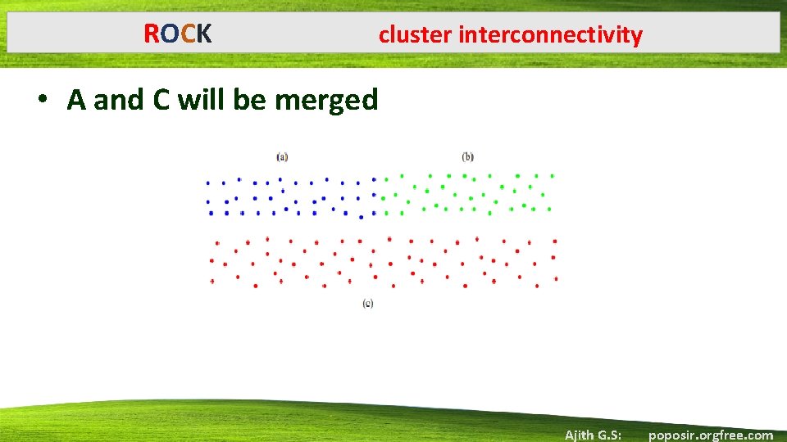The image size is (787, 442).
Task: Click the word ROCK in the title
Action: pos(178,34)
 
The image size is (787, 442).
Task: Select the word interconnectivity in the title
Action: pos(551,35)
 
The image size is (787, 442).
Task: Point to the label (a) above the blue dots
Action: pos(282,156)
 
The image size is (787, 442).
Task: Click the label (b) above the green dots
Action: pos(468,156)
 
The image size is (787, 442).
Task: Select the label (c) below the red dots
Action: pos(368,304)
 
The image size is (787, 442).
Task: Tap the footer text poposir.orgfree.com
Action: pos(710,435)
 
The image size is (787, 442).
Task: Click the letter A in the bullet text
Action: pos(77,100)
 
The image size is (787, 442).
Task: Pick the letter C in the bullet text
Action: pos(161,100)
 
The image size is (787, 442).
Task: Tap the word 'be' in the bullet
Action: pos(251,100)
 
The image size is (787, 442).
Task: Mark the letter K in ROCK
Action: pos(204,34)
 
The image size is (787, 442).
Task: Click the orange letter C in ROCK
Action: pos(188,34)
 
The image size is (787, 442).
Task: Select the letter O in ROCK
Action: pos(170,34)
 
